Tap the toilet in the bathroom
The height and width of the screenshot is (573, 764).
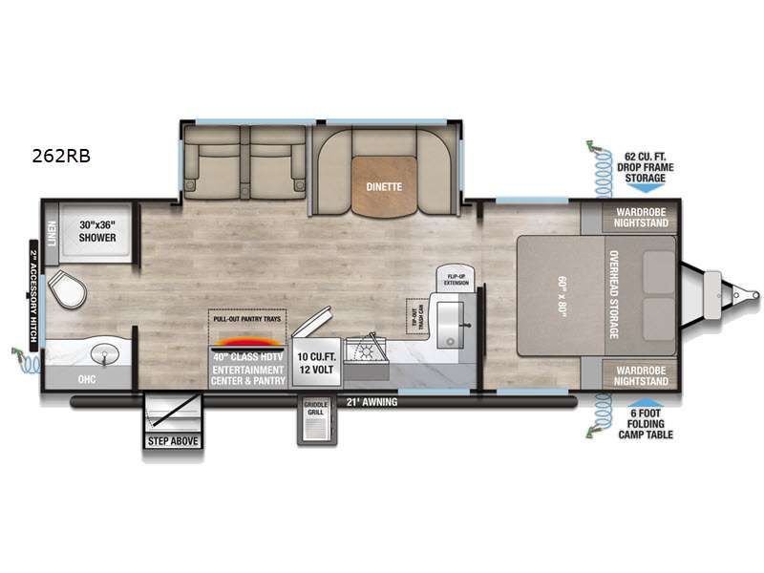click(66, 289)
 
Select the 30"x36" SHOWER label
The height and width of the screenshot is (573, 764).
click(97, 231)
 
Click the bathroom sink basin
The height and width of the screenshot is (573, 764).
click(104, 355)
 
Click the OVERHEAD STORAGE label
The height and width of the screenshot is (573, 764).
click(613, 294)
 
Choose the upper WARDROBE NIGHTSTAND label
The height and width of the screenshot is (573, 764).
click(639, 216)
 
